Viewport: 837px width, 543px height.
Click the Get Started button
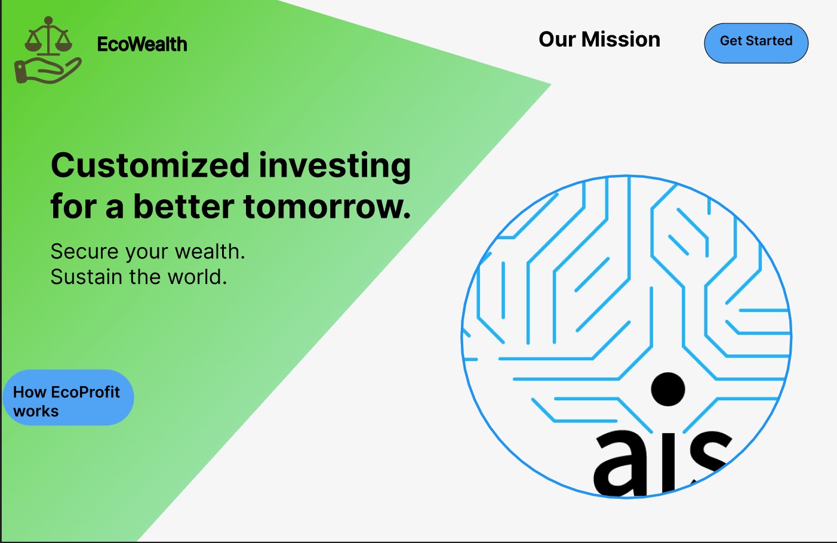pyautogui.click(x=756, y=43)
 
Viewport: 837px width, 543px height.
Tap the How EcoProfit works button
pyautogui.click(x=68, y=397)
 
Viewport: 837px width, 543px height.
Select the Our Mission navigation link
pyautogui.click(x=599, y=39)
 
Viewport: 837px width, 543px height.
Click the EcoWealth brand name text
pyautogui.click(x=142, y=44)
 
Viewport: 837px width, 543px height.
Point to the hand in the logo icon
pyautogui.click(x=47, y=70)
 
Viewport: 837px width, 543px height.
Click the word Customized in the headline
pyautogui.click(x=150, y=165)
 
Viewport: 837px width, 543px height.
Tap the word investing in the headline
pyautogui.click(x=335, y=167)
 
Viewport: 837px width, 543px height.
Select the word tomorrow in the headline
pyautogui.click(x=327, y=206)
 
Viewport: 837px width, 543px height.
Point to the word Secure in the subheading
pyautogui.click(x=85, y=251)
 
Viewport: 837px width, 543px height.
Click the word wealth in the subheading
pyautogui.click(x=210, y=251)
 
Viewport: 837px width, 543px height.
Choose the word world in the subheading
pyautogui.click(x=197, y=277)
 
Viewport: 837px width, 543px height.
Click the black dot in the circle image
pyautogui.click(x=667, y=389)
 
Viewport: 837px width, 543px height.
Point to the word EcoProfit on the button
pyautogui.click(x=85, y=393)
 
